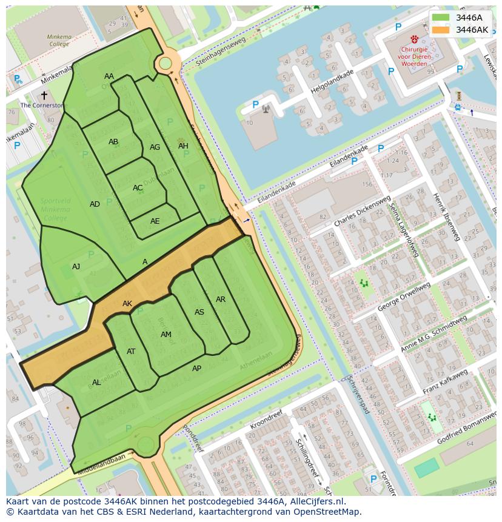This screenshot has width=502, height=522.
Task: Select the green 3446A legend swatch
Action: click(441, 18)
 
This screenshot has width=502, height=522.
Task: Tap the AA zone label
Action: click(109, 76)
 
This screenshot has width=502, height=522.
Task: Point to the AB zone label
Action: click(113, 142)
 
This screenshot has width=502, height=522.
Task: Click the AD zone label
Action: click(95, 204)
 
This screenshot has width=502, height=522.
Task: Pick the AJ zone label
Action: click(76, 267)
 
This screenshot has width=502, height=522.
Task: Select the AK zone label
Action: click(127, 304)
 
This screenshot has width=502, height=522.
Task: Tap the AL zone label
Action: click(96, 383)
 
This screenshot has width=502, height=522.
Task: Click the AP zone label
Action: click(196, 369)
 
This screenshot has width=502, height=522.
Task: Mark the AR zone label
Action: click(221, 299)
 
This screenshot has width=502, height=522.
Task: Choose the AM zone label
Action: click(166, 335)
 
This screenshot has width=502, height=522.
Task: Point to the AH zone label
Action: click(183, 146)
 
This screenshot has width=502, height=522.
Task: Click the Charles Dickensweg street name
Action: click(362, 212)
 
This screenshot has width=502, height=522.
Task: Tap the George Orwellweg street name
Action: click(404, 296)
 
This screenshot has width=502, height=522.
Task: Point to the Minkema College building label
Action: click(59, 40)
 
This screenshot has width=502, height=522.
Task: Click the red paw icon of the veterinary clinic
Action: click(415, 38)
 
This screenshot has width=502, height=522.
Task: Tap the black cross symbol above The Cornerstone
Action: click(44, 95)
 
